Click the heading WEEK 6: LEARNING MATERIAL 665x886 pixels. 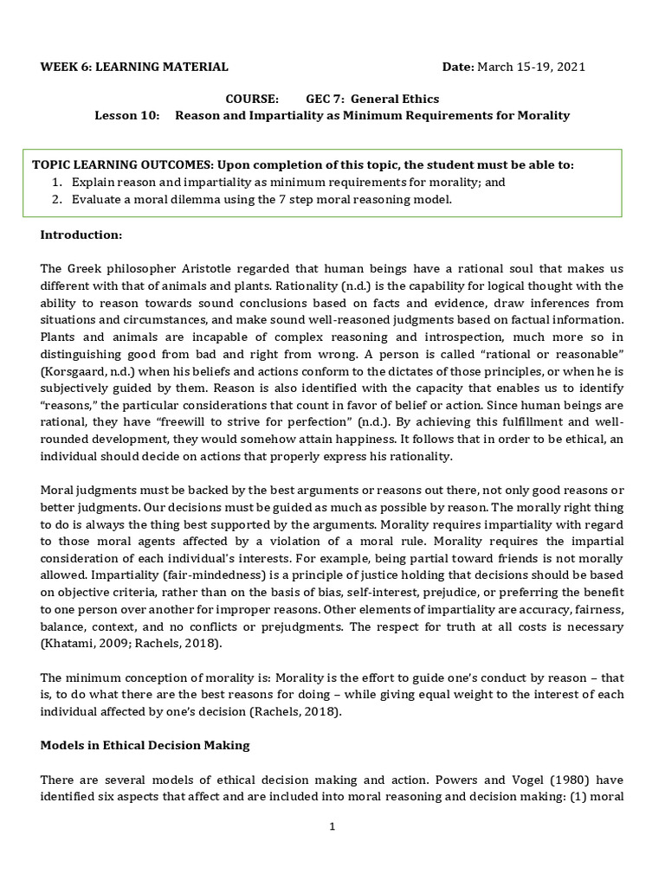pos(134,67)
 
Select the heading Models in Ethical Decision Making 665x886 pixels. pos(144,744)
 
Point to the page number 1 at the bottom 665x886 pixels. pos(332,826)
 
